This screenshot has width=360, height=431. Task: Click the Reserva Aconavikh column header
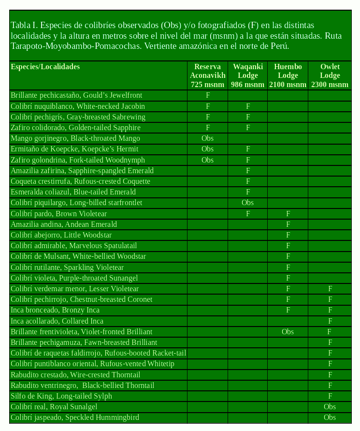207,75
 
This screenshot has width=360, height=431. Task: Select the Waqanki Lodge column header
248,75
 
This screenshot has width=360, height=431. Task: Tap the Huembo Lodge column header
288,75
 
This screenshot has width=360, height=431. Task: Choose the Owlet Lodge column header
330,75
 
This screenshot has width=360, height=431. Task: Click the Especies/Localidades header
45,67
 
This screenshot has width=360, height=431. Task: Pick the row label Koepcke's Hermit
74,149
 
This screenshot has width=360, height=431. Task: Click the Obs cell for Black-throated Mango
207,138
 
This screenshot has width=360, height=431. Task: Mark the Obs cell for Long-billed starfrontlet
248,203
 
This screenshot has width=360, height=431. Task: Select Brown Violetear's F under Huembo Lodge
288,214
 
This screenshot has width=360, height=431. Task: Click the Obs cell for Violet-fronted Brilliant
288,332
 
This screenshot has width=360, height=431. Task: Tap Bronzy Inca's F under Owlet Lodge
330,310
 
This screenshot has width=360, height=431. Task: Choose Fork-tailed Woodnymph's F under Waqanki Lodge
248,160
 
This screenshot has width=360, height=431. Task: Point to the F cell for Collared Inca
330,321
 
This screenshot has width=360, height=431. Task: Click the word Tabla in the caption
20,25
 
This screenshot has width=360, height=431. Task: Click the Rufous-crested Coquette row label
80,181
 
